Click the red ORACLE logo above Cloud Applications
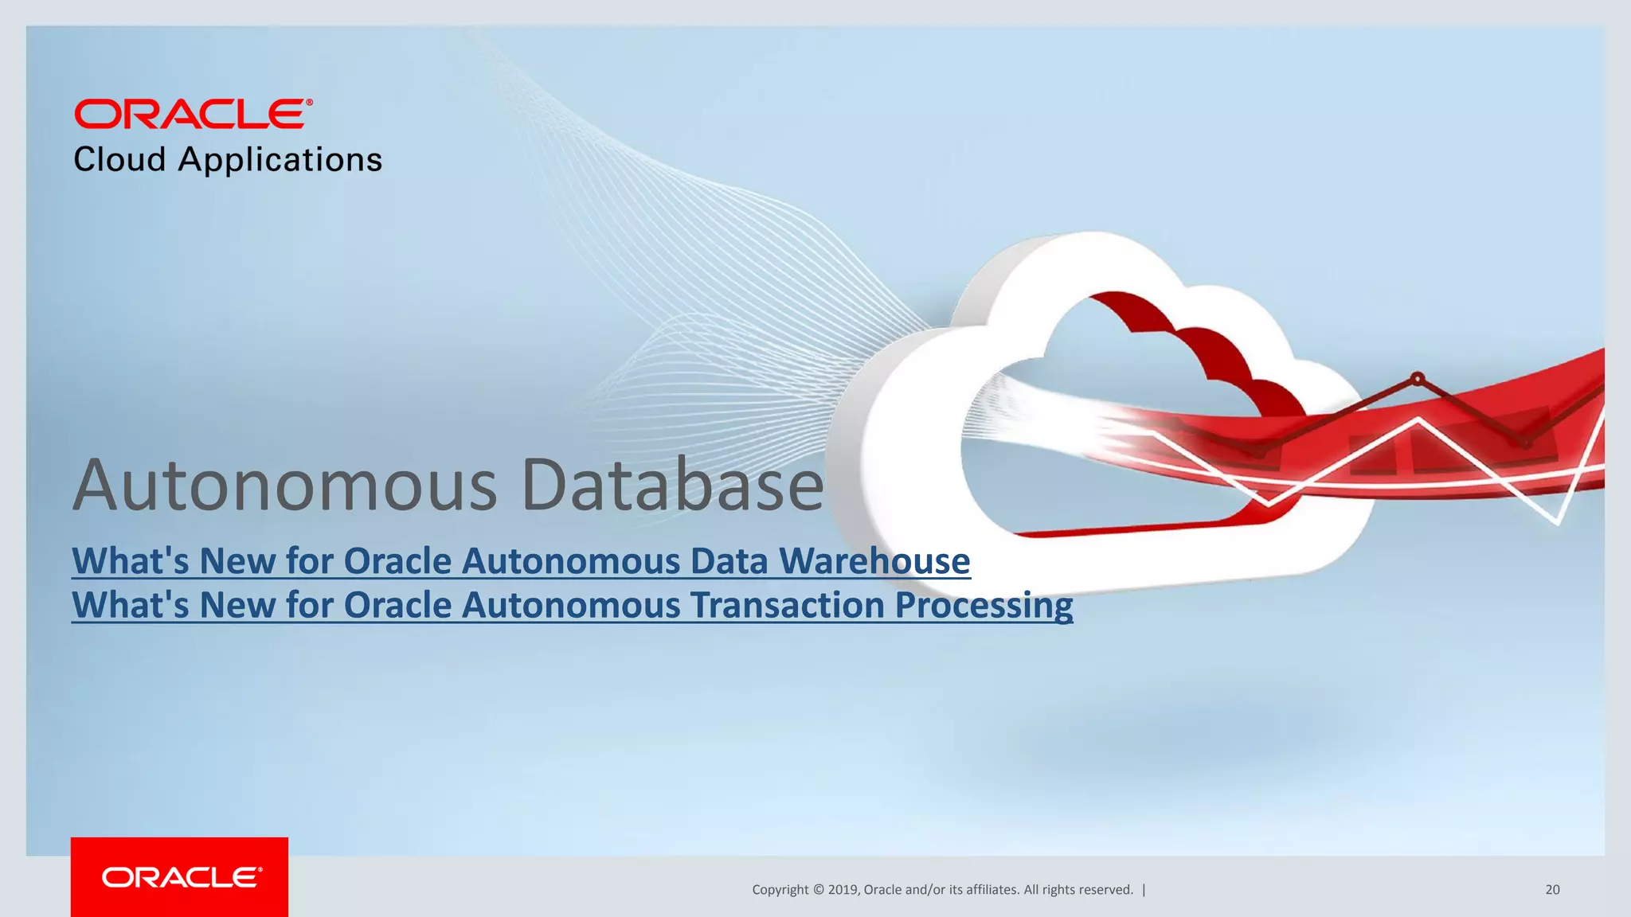(x=190, y=114)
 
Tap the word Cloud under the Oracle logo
(x=119, y=160)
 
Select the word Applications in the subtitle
(x=280, y=160)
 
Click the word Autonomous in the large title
(x=285, y=485)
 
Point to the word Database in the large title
(x=673, y=485)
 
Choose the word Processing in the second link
(x=984, y=605)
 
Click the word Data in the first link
(x=729, y=561)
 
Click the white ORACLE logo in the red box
(x=180, y=877)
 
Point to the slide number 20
(x=1552, y=890)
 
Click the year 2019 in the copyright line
(x=843, y=890)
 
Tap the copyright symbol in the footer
(x=817, y=890)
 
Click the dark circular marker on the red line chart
(x=1418, y=378)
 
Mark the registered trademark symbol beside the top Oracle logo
(x=309, y=103)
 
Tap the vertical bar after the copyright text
(x=1144, y=890)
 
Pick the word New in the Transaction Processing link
(x=237, y=605)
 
